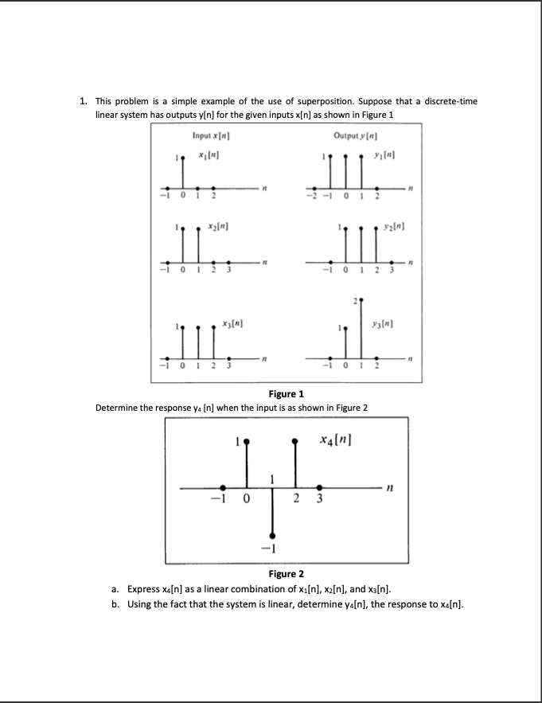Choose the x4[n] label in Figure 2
click(335, 440)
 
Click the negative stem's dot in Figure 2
click(272, 535)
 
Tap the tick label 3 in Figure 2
click(320, 501)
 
